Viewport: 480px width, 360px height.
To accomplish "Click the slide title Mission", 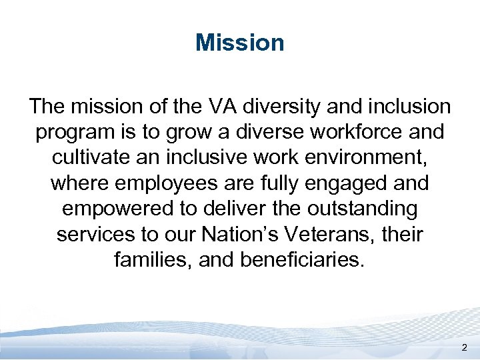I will click(x=240, y=43).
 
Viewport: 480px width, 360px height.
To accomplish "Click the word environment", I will click(x=369, y=157).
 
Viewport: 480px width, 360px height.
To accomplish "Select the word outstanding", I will click(x=362, y=208).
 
